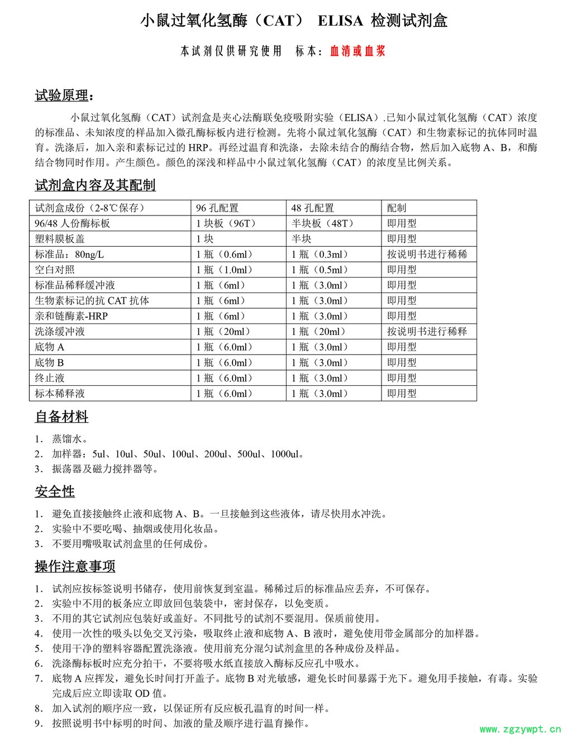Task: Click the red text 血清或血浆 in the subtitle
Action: pyautogui.click(x=357, y=52)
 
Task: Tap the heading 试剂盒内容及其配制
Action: pyautogui.click(x=95, y=185)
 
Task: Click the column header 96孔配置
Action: pyautogui.click(x=217, y=208)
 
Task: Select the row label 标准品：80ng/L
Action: pyautogui.click(x=69, y=255)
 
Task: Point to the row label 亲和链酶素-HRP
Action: pyautogui.click(x=71, y=316)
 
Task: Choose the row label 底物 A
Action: pyautogui.click(x=50, y=347)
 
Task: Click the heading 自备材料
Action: pyautogui.click(x=61, y=417)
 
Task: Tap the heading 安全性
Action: pyautogui.click(x=55, y=492)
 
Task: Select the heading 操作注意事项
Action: pyautogui.click(x=75, y=566)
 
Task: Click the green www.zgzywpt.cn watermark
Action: pyautogui.click(x=519, y=729)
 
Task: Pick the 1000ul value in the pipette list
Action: pyautogui.click(x=287, y=454)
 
